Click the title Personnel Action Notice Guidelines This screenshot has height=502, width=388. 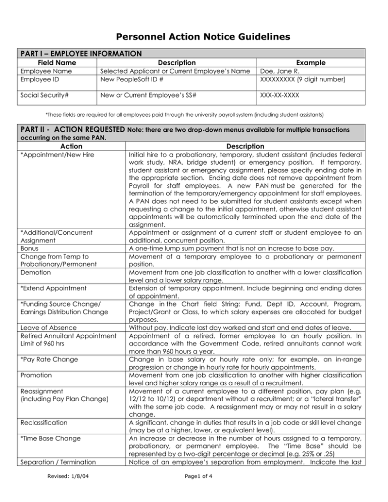[x=194, y=36]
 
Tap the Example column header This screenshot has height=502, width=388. [x=312, y=63]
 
